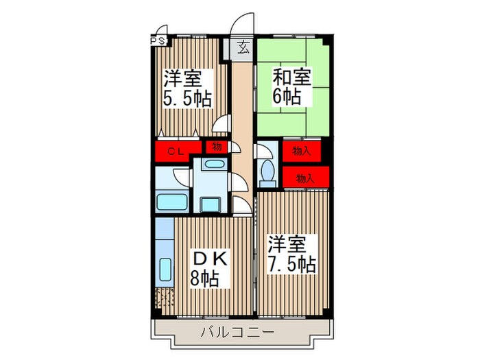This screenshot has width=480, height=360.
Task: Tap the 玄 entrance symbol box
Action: pyautogui.click(x=243, y=47)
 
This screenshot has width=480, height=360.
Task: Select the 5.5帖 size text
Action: pyautogui.click(x=186, y=98)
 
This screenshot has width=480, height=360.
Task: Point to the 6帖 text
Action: pyautogui.click(x=287, y=96)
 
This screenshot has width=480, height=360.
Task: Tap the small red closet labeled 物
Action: pyautogui.click(x=216, y=147)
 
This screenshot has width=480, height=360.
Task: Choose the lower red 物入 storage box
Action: pyautogui.click(x=305, y=177)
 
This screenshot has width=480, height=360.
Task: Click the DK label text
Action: pyautogui.click(x=208, y=259)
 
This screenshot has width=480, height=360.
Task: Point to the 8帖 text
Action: pyautogui.click(x=205, y=278)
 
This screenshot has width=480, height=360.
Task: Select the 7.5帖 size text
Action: pyautogui.click(x=291, y=264)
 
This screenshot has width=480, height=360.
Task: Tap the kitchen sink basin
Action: pyautogui.click(x=165, y=268)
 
